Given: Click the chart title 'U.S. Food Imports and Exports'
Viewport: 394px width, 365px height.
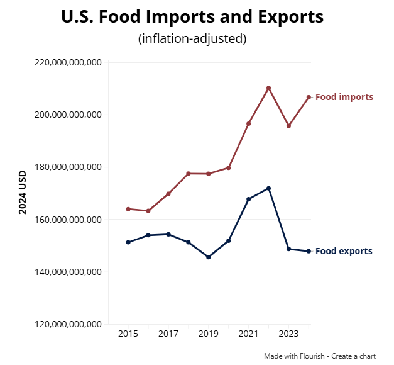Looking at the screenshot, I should (x=192, y=17).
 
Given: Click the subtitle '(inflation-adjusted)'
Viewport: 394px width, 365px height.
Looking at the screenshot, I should (x=192, y=38).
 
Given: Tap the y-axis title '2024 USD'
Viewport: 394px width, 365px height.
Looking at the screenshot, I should (x=23, y=192).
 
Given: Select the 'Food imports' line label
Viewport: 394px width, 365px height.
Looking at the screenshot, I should (x=344, y=97).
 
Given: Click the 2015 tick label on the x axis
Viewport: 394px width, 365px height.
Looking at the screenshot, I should (x=128, y=334).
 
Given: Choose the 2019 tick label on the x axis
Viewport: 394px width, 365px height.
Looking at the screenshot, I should (x=208, y=334).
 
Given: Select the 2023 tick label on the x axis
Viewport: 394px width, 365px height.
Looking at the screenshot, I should (x=288, y=334).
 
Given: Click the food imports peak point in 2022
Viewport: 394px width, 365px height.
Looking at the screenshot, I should (x=268, y=88).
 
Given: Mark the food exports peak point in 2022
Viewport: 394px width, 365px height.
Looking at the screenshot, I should (x=268, y=188).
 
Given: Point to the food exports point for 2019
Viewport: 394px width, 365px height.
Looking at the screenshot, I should (x=208, y=257).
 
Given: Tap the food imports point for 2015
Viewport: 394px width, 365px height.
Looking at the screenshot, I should (x=128, y=209).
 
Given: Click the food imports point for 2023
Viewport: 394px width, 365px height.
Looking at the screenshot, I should (x=288, y=126).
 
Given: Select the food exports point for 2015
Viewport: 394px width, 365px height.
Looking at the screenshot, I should (x=128, y=242).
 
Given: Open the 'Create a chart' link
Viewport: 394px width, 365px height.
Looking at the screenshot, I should (x=353, y=356).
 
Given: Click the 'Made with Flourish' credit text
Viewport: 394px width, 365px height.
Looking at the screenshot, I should (x=294, y=356).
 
